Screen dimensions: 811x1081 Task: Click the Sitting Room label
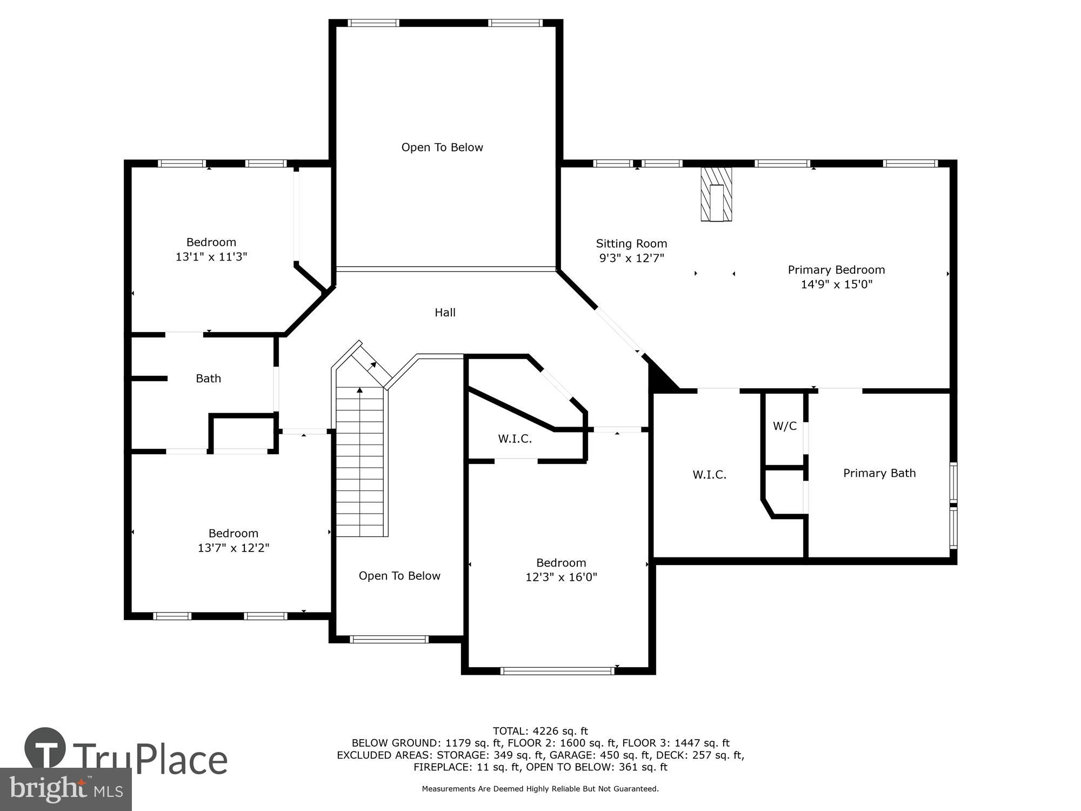[631, 244]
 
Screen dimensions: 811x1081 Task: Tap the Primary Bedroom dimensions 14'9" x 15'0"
[836, 284]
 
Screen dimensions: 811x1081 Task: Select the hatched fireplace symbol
[716, 194]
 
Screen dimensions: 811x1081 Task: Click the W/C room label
[784, 426]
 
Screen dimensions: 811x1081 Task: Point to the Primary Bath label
[879, 473]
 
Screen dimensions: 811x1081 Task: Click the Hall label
[445, 313]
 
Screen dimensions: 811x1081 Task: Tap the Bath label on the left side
[208, 378]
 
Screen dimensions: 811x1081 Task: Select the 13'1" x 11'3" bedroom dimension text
[211, 257]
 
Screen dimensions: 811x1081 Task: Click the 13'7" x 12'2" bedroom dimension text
[233, 548]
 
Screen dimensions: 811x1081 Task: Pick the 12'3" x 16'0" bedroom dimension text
[561, 577]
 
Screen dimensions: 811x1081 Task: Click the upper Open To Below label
[442, 148]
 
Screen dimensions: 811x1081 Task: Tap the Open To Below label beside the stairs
[399, 576]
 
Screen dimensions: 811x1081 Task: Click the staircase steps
[360, 465]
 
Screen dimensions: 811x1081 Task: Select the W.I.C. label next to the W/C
[709, 475]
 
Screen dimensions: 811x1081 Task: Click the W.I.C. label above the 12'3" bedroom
[515, 439]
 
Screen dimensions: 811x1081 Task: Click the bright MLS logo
[65, 789]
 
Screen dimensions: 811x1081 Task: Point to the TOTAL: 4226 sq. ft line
[540, 732]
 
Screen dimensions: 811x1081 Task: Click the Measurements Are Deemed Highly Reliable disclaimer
[540, 789]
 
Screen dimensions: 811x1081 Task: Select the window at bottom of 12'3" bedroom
[557, 671]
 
